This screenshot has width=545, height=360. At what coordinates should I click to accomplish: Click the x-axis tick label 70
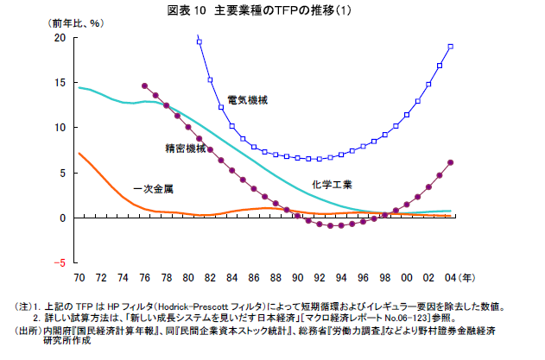coord(79,277)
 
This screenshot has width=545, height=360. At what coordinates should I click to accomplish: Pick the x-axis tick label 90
coord(297,277)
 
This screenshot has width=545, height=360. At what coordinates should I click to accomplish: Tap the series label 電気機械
coord(248,100)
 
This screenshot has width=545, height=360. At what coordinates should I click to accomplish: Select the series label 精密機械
coord(186,148)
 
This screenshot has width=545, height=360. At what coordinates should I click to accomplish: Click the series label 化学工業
coord(332,184)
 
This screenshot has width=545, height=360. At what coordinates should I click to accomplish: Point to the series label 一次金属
coord(154,188)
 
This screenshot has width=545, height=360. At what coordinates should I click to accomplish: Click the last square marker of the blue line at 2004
coord(451,47)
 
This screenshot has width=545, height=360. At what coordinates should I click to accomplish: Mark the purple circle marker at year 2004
coord(451,162)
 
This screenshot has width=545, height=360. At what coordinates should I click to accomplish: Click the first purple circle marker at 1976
coord(144,86)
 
